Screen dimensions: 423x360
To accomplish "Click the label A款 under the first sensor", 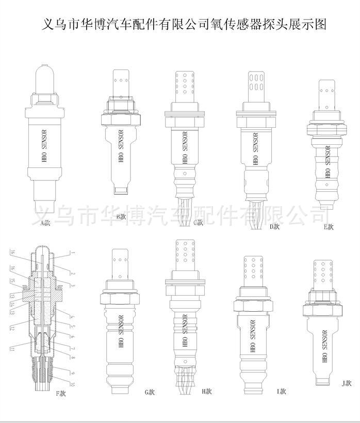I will click(x=45, y=223).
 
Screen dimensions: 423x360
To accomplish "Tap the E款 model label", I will click(x=329, y=226).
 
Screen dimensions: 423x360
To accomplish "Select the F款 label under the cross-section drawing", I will click(x=61, y=394).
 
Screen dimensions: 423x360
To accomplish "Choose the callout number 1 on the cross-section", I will click(x=73, y=253).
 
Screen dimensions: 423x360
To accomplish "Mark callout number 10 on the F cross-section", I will click(x=73, y=384).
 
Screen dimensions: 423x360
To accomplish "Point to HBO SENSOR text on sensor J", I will click(x=325, y=348).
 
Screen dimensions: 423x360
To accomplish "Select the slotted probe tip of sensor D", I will click(x=256, y=83).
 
